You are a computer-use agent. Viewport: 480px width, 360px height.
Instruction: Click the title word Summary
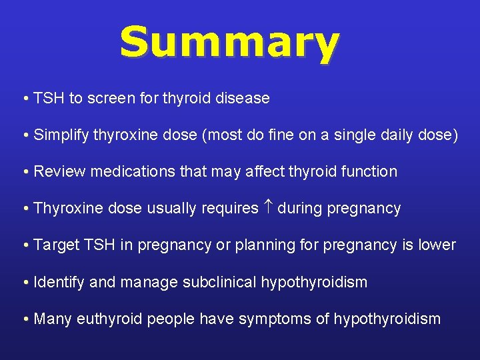click(x=229, y=43)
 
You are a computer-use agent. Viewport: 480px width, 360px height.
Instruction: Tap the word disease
click(x=243, y=99)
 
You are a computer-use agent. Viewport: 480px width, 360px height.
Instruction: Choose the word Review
click(x=60, y=172)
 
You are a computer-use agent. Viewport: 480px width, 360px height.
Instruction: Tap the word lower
click(x=437, y=245)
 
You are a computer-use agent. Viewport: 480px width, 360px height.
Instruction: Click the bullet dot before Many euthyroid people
click(x=25, y=319)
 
